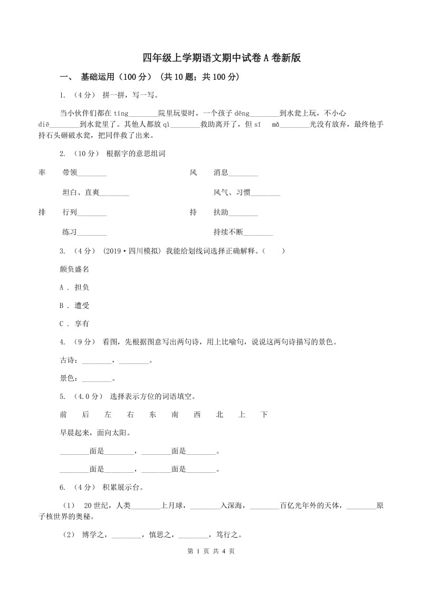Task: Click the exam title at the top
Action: point(222,58)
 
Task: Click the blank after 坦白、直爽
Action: point(114,193)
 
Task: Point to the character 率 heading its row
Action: point(42,172)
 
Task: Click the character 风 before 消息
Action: point(193,172)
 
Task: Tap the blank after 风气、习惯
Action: point(265,193)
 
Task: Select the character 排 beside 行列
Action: point(42,212)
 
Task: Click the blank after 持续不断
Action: point(258,232)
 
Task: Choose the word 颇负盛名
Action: point(74,269)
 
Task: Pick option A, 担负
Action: point(75,287)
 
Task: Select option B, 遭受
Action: point(75,305)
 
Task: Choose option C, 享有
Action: point(75,324)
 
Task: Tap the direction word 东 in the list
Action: point(153,415)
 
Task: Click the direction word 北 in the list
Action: point(219,415)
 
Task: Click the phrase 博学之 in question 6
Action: point(95,535)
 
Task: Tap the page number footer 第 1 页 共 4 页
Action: point(211,566)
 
